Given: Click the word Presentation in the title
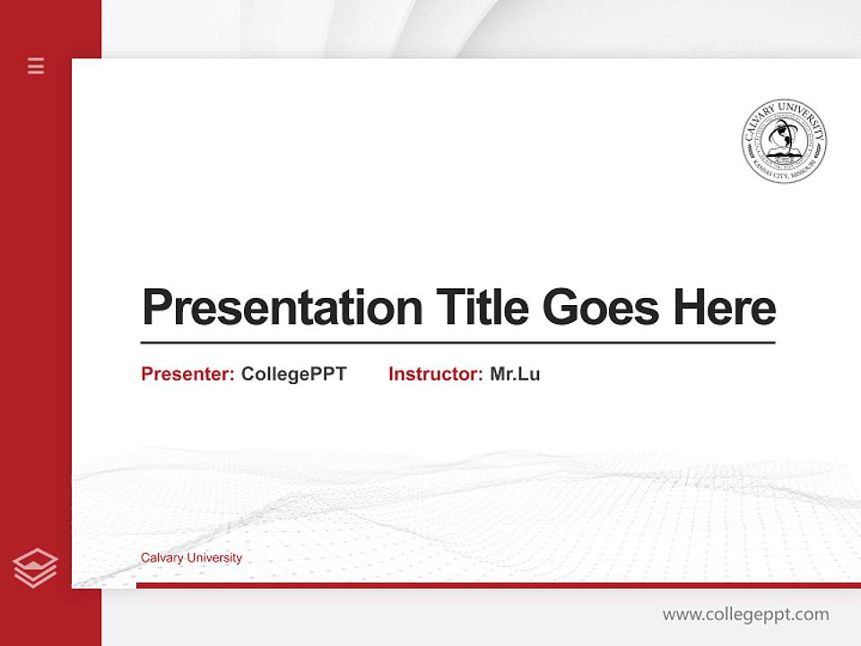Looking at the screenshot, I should (x=283, y=308).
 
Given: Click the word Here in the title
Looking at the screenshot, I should (x=724, y=308).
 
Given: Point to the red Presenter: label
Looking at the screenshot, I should (x=188, y=374).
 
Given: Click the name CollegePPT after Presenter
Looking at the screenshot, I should (x=293, y=374).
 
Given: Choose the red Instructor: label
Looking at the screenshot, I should (x=436, y=374).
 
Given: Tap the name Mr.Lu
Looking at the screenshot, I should (x=515, y=374).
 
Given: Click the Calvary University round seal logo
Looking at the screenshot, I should (x=784, y=141).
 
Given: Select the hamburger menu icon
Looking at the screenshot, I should (x=36, y=65).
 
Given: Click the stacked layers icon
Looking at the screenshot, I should (x=35, y=568).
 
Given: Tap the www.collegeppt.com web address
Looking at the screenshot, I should (x=745, y=615).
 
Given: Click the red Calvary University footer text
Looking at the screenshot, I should (x=191, y=558).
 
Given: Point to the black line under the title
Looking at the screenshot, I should (x=457, y=343).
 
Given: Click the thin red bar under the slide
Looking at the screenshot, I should (x=498, y=585).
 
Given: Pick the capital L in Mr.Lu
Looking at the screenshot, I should (x=524, y=374).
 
